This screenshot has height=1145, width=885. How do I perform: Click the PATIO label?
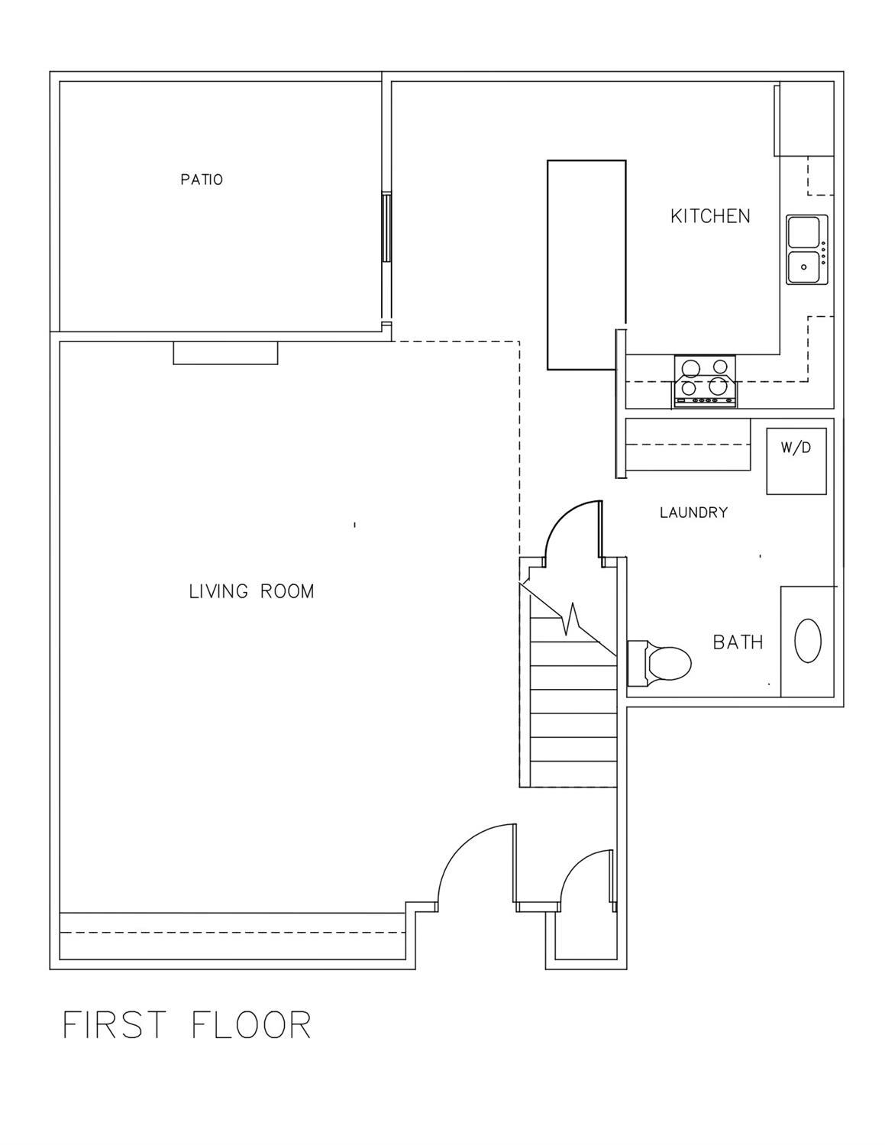tap(202, 180)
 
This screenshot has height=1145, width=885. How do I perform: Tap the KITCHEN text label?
tap(710, 216)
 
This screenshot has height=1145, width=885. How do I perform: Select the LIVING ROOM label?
tap(251, 591)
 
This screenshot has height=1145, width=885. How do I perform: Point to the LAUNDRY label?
tap(693, 513)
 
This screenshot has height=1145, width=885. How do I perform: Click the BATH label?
tap(738, 642)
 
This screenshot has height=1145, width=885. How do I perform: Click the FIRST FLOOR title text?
tap(187, 1025)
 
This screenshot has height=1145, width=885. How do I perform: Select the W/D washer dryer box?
tap(796, 461)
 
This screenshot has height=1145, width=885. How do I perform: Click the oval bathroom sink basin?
tap(808, 640)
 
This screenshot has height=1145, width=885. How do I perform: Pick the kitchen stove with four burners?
tap(705, 381)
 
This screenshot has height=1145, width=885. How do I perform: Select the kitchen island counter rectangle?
tap(586, 265)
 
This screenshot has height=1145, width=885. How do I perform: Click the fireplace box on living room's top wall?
tap(225, 353)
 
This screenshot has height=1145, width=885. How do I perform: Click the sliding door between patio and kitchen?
tap(387, 228)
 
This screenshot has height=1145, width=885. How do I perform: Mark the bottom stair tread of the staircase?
tap(573, 774)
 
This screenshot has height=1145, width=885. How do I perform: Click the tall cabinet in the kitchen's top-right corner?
tap(805, 119)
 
